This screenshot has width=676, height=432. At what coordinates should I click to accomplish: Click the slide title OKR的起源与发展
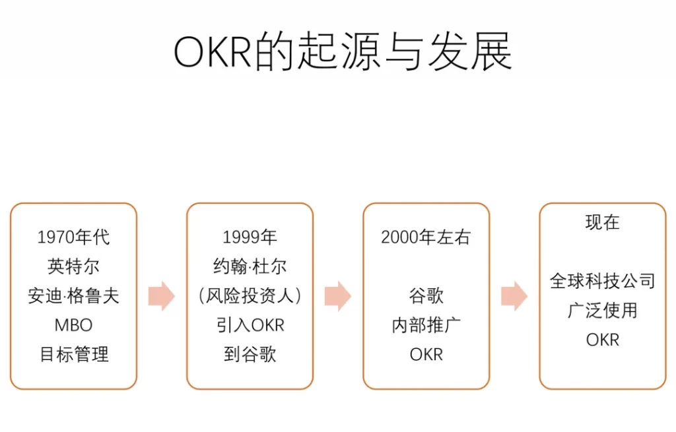[343, 51]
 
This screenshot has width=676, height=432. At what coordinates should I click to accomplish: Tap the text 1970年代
[73, 237]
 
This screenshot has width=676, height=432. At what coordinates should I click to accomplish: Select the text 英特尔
[73, 266]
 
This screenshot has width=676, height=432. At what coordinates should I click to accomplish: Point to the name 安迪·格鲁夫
[73, 296]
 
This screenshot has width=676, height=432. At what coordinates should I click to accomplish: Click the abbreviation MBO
[73, 325]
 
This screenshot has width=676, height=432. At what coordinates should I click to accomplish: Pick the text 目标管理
[74, 354]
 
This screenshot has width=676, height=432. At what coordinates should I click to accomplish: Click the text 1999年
[250, 237]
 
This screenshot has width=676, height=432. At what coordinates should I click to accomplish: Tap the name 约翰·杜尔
[250, 266]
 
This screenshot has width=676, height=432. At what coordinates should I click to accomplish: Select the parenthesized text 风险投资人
[250, 296]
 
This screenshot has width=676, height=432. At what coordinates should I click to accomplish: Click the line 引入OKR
[250, 325]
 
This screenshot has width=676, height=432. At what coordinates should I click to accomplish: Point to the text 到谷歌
[250, 354]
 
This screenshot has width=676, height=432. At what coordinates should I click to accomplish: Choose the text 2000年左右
[426, 237]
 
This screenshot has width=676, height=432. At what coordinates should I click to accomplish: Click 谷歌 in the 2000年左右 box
[426, 296]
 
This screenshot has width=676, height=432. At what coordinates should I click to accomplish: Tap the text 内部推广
[426, 325]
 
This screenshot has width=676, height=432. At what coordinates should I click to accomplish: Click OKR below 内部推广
[426, 354]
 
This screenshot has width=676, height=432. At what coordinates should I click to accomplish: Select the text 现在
[602, 223]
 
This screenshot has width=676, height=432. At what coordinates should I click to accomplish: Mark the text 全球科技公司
[602, 281]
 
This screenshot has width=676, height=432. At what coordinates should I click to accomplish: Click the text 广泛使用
[602, 311]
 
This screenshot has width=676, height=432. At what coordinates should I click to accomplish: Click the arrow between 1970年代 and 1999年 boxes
[162, 296]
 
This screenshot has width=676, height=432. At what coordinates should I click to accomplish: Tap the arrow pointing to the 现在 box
[514, 296]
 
